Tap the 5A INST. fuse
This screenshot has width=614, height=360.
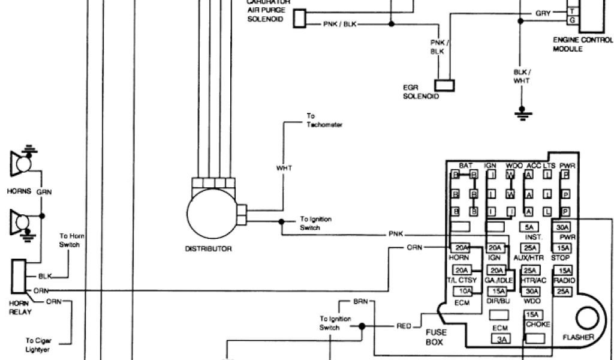click(x=529, y=227)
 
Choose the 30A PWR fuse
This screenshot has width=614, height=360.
click(x=562, y=227)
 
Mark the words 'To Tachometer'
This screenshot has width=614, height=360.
click(x=324, y=120)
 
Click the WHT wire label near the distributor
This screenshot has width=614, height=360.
click(x=284, y=168)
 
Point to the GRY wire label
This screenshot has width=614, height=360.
click(x=543, y=13)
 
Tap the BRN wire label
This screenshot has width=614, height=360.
click(x=360, y=301)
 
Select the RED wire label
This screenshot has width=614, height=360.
click(x=404, y=326)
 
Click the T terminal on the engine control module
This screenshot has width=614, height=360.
click(x=573, y=11)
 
